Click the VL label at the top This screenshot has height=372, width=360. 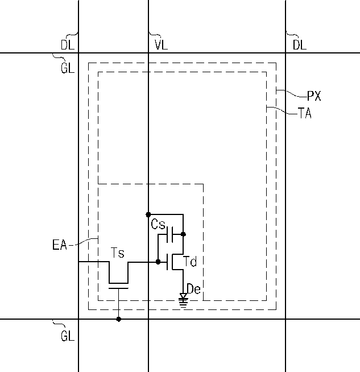[x=162, y=44]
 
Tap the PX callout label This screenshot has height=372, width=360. [x=314, y=96]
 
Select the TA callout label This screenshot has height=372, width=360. [x=305, y=113]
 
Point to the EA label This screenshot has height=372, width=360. [x=60, y=245]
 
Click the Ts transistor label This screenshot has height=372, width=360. [x=118, y=253]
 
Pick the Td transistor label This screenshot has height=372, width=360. [x=190, y=262]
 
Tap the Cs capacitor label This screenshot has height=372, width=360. [x=158, y=224]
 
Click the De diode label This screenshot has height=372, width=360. [x=194, y=289]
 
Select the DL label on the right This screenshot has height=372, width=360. [x=300, y=44]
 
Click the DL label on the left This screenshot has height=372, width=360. [x=68, y=44]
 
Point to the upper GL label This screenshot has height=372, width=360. [x=68, y=68]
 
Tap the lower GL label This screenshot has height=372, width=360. [x=68, y=336]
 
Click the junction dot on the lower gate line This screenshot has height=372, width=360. [x=119, y=319]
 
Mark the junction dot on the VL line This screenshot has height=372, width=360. [x=148, y=214]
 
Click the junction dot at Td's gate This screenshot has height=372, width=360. [x=158, y=262]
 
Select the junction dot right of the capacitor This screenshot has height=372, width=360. [x=183, y=234]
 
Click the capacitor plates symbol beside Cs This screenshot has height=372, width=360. [x=170, y=235]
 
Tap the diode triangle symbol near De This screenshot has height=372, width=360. [x=183, y=296]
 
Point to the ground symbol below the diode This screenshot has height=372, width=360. [x=183, y=303]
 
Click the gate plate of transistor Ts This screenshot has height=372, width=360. [x=118, y=288]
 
